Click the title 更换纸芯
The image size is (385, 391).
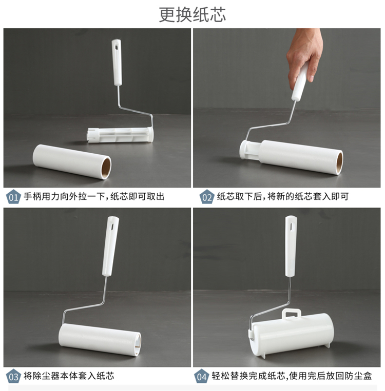[192, 14]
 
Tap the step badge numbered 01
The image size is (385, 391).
[13, 197]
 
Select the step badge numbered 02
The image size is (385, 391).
[206, 197]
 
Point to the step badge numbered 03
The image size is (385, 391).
[13, 376]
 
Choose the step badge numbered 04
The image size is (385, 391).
[201, 376]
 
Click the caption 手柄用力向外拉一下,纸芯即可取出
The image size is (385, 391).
[94, 196]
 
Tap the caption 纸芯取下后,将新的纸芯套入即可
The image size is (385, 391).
[282, 196]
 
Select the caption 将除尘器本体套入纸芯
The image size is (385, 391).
[69, 376]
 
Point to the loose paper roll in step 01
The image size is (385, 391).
[72, 161]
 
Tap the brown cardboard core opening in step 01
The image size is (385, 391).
[106, 168]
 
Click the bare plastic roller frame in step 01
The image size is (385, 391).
[120, 135]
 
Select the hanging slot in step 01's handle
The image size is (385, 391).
[117, 47]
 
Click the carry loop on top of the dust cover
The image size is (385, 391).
[291, 314]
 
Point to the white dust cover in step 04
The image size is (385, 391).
[292, 334]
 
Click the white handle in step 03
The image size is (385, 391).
[110, 246]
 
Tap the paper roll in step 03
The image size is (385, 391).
[100, 340]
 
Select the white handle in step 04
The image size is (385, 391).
[291, 246]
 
